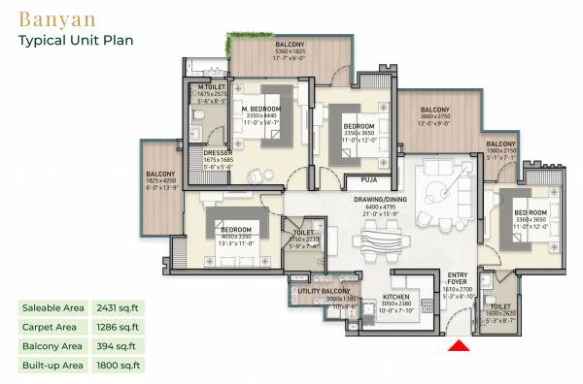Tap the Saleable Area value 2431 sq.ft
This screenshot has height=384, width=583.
(x=118, y=308)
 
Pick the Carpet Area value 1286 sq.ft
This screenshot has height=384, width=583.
(x=118, y=327)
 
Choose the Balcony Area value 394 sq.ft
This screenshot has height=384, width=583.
(x=115, y=346)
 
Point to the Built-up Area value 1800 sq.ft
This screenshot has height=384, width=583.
(x=118, y=366)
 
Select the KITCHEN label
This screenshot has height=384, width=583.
(x=394, y=298)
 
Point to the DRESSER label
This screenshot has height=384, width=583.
(x=217, y=152)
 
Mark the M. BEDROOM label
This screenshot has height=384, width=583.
(x=262, y=109)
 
